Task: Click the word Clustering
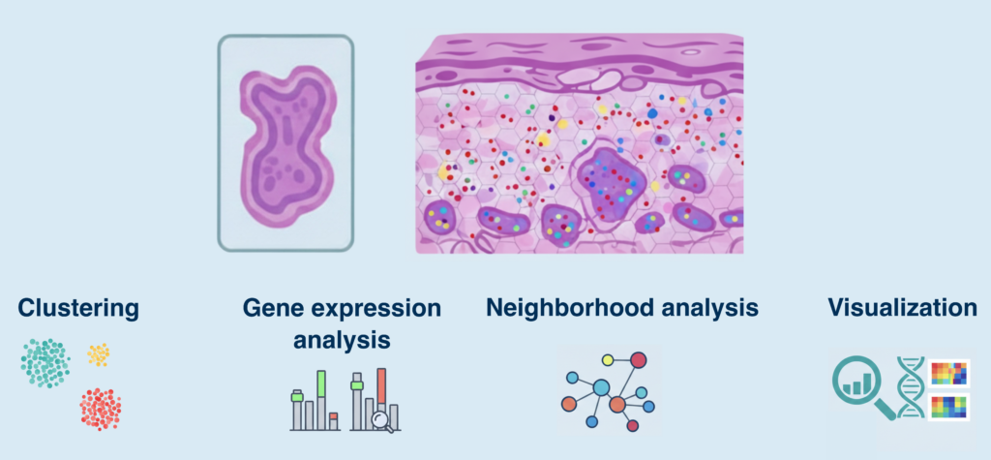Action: click(77, 309)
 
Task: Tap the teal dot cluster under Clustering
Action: click(45, 363)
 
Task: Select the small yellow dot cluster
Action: click(98, 354)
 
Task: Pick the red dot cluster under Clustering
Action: click(101, 408)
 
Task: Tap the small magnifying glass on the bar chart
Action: click(384, 419)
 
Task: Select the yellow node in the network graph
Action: click(607, 360)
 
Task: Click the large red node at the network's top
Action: click(639, 360)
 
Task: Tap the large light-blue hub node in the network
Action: click(601, 387)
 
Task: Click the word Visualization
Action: click(902, 309)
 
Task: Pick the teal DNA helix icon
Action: click(910, 387)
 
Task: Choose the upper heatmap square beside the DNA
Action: click(948, 373)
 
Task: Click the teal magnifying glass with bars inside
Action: click(860, 384)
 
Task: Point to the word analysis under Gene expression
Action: click(343, 340)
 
